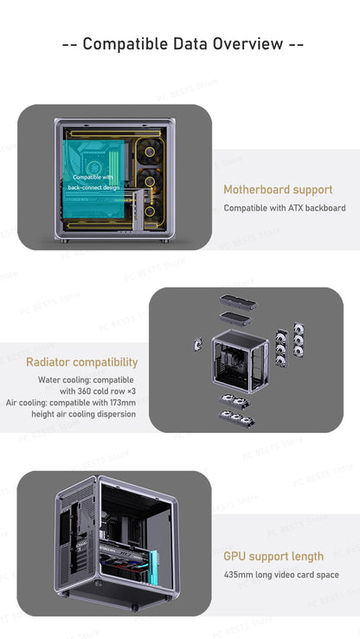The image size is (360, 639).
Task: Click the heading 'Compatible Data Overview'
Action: pos(183,44)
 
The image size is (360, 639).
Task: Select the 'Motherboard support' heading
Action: pos(277,190)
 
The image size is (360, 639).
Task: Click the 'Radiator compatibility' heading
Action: pos(81,362)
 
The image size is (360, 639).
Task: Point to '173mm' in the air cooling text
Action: pos(120,403)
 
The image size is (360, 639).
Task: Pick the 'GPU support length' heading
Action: pos(273,557)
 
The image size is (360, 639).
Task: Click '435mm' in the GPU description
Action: pos(238,575)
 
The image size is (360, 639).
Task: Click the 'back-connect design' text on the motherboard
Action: pos(94,187)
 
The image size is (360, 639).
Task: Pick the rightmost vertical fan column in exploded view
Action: pos(299,346)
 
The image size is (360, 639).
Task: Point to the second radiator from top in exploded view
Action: pos(234,319)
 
